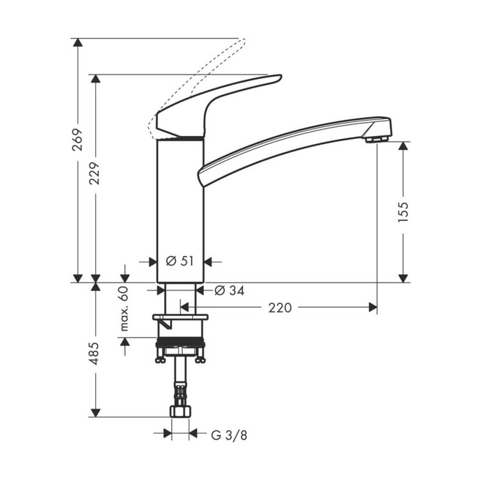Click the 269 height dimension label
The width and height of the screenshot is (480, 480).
coord(77,140)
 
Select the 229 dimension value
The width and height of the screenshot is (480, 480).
coord(95,173)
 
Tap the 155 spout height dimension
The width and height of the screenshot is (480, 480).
coord(403,212)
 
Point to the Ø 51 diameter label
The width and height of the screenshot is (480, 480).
coord(180,261)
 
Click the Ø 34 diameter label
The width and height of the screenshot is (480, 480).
coord(229,291)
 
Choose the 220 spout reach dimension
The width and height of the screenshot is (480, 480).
coord(280,308)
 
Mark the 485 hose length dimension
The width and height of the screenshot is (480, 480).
coord(95,353)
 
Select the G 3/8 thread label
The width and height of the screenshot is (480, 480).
coord(229,435)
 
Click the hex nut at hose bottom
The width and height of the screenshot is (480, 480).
coord(180,411)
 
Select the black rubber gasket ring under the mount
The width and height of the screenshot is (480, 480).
coord(180,343)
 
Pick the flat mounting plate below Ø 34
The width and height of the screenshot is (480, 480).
coord(180,317)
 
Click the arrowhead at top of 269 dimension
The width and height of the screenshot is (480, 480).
coord(78,42)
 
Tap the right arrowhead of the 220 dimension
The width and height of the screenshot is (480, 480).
coord(373,308)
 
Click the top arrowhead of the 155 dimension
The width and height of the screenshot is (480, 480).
coord(404,146)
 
